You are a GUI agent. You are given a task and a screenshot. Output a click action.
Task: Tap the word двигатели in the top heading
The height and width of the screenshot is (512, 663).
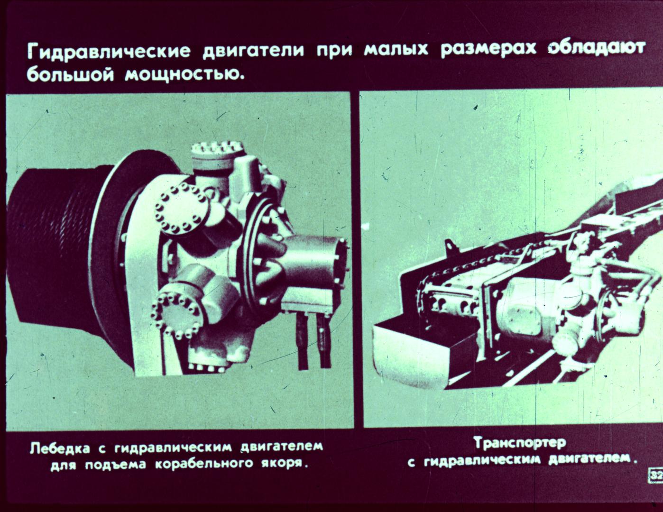(x=254, y=50)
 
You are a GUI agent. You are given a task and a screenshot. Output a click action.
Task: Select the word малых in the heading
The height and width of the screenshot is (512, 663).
(x=396, y=50)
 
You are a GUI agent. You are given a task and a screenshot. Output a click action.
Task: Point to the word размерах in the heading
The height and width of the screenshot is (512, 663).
(x=488, y=50)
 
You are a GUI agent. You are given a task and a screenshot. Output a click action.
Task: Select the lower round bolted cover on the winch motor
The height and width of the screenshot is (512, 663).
(x=175, y=315)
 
